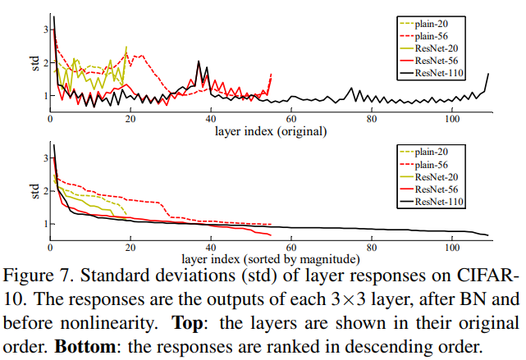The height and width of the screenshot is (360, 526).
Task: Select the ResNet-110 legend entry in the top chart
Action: pos(439,75)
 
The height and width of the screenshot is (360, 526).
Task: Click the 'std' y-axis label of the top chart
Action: pos(35,63)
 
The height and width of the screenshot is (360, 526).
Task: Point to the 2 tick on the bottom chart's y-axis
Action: pos(44,189)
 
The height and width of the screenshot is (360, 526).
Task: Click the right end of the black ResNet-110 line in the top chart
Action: pos(488,75)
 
